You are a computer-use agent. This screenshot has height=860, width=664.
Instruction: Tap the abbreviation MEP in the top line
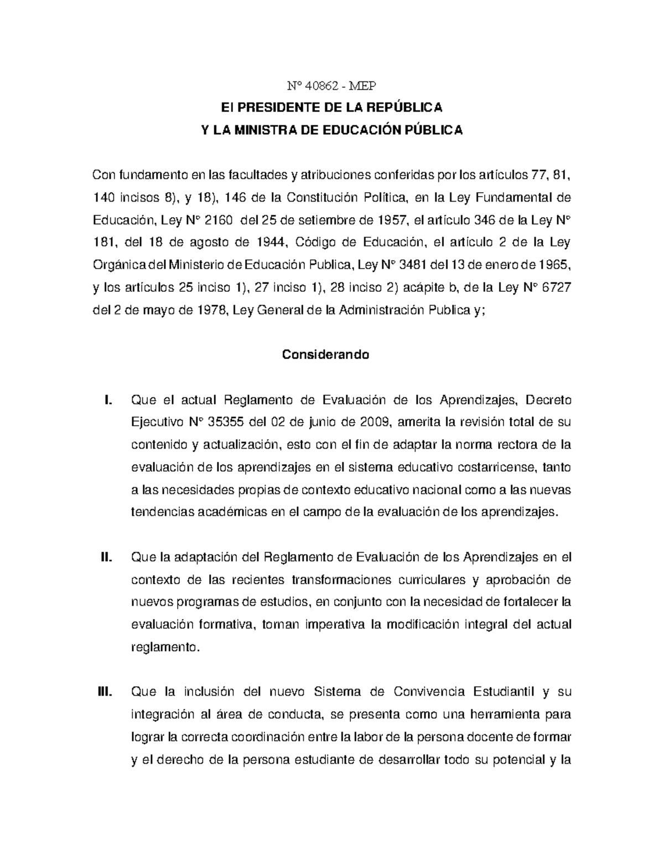tap(364, 85)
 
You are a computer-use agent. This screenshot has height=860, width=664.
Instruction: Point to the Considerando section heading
tap(325, 354)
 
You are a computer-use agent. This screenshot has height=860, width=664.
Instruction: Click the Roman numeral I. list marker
tap(108, 400)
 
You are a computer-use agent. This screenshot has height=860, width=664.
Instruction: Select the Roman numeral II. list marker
tap(107, 557)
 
